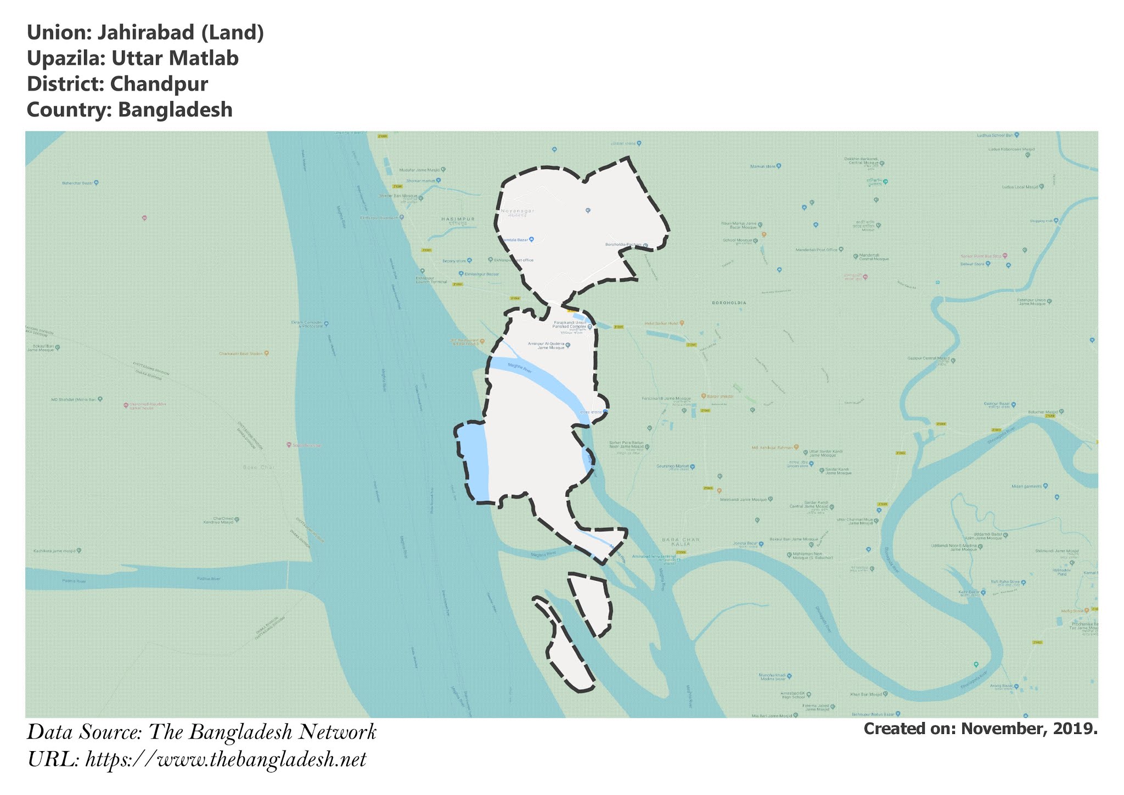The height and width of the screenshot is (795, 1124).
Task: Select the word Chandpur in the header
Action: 159,84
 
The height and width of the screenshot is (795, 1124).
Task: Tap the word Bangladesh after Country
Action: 175,110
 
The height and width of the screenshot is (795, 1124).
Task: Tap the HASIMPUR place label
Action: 458,219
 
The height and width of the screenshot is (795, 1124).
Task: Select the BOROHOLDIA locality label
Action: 729,303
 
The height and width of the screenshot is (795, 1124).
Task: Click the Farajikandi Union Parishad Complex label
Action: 570,324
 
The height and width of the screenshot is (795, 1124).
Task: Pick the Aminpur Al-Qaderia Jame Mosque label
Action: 546,345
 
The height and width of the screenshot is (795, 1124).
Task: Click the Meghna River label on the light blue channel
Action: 520,368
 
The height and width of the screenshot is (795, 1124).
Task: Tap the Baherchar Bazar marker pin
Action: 96,182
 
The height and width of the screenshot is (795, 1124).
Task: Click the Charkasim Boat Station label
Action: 241,354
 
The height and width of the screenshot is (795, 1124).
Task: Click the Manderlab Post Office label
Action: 817,250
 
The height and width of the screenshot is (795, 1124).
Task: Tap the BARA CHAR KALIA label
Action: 681,542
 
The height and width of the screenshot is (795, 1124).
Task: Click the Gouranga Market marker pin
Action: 692,467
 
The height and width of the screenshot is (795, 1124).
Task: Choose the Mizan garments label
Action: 1027,486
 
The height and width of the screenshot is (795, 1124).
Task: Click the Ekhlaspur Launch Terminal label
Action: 431,279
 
